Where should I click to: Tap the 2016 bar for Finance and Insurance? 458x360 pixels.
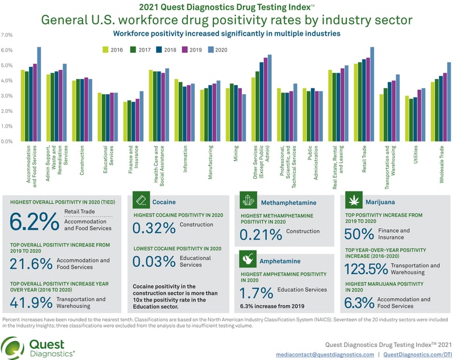coord(125,122)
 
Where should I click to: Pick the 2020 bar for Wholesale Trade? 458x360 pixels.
coord(449,102)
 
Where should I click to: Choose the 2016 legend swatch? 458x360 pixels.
coord(106,49)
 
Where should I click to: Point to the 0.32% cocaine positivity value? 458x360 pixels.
coord(154,228)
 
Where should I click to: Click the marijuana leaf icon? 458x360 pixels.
coord(356,201)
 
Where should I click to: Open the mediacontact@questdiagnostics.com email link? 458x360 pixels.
coord(325,354)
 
